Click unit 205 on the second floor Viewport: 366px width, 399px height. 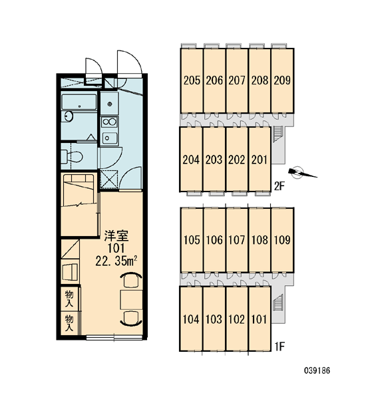[192, 80]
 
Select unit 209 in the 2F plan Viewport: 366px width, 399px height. [282, 80]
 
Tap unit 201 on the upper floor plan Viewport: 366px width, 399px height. [260, 160]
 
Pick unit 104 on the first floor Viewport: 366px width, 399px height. [192, 319]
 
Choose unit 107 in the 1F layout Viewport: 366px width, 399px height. [237, 240]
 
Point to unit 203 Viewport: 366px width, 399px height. [214, 160]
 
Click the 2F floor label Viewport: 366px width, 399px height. [279, 187]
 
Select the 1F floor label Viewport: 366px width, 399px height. [279, 346]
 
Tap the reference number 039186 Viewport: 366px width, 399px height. [317, 370]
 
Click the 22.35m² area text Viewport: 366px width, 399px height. [116, 261]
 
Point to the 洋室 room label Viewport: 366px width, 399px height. [116, 235]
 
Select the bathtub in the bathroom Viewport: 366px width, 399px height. [79, 102]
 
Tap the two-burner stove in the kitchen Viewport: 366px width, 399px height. [109, 122]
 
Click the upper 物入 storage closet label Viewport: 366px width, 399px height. [69, 299]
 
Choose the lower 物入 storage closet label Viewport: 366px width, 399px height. [69, 323]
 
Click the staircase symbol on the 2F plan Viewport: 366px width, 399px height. [276, 134]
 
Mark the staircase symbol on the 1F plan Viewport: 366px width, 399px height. [278, 303]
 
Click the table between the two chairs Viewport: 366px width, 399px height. [131, 300]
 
